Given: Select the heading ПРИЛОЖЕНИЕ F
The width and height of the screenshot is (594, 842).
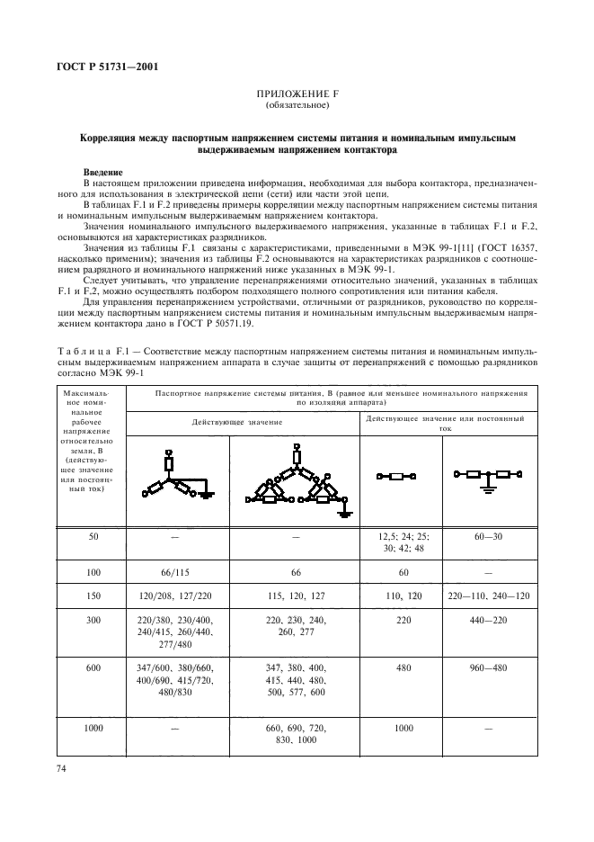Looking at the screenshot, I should (297, 94).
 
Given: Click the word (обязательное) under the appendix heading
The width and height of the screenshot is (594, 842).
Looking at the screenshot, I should (297, 105).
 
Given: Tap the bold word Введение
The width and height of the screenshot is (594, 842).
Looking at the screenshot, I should (104, 171).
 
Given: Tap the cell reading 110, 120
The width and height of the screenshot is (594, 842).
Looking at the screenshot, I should (403, 596).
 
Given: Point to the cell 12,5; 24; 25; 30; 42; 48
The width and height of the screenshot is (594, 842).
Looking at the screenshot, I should (403, 542).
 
